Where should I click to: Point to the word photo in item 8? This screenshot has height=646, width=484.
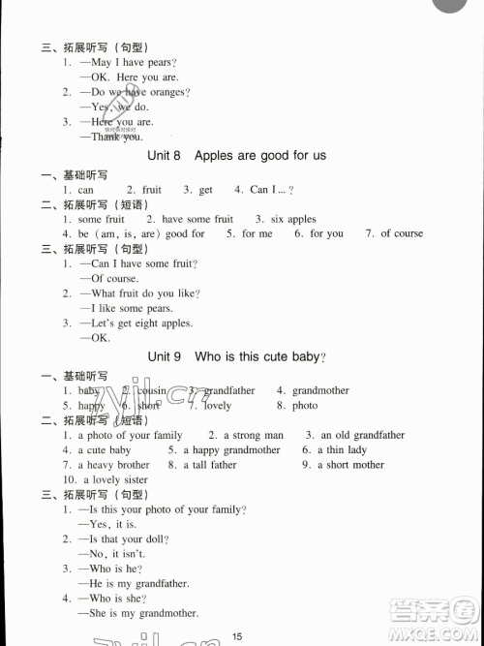point(305,406)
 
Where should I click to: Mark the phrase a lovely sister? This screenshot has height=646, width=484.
point(115,479)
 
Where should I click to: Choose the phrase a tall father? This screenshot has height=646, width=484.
point(208,465)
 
